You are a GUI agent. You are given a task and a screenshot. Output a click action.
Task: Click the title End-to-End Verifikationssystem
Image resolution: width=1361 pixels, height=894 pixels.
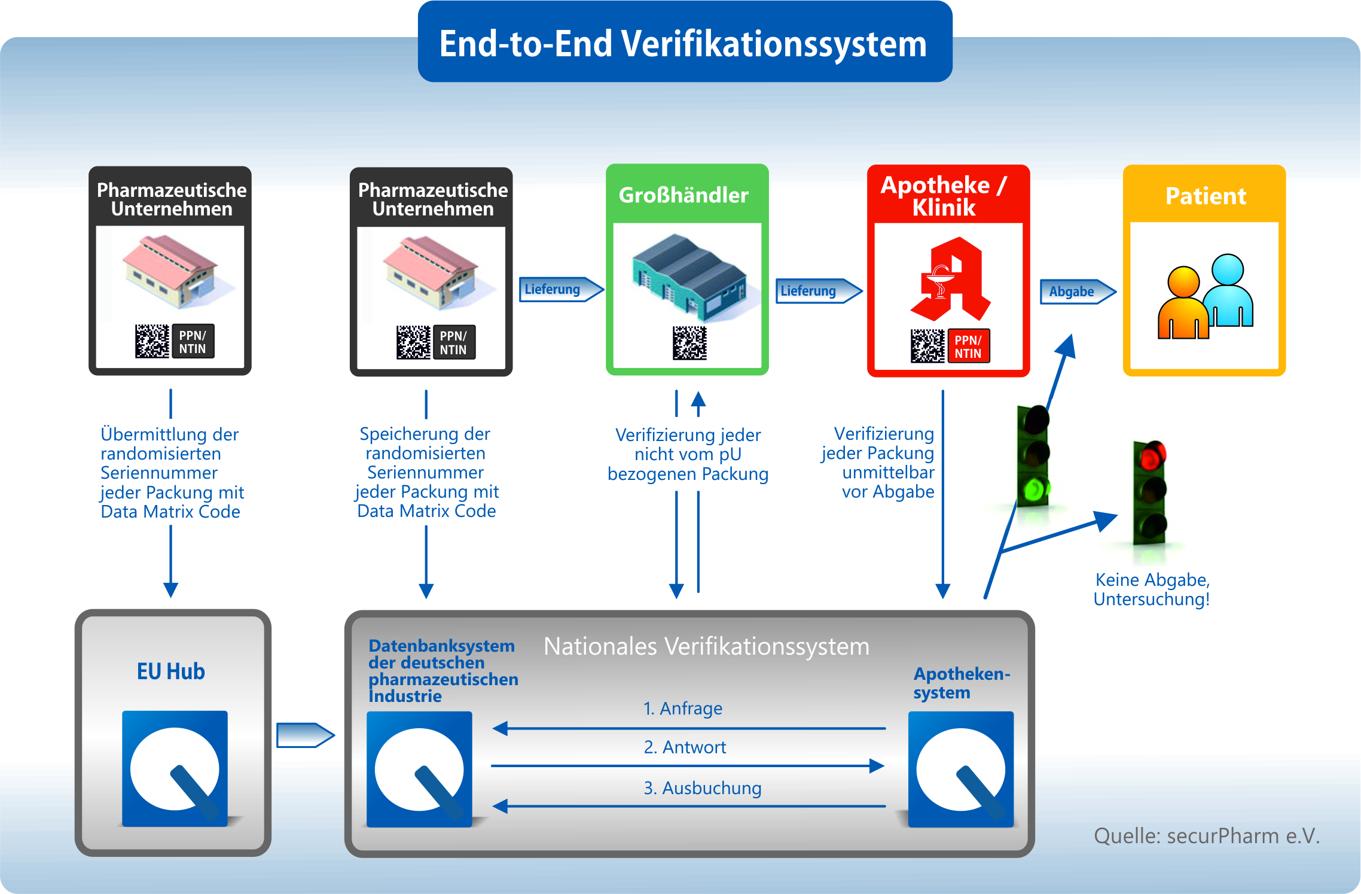click(x=683, y=44)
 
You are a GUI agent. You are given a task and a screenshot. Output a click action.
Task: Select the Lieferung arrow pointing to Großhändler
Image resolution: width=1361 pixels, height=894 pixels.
click(x=561, y=289)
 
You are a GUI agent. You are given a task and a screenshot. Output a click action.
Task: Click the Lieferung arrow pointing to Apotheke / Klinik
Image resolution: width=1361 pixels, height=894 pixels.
click(x=819, y=291)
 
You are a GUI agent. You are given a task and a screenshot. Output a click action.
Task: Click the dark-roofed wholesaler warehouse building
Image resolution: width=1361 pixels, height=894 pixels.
click(x=689, y=275)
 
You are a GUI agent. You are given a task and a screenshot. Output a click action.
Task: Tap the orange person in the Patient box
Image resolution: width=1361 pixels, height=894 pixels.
click(x=1183, y=303)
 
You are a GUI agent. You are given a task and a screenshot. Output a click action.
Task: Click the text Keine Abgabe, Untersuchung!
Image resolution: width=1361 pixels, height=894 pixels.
click(x=1152, y=589)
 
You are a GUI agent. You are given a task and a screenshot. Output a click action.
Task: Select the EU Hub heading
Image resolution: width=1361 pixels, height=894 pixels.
click(x=171, y=671)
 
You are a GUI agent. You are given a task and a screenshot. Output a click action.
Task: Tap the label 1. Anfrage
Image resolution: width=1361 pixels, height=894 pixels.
click(x=682, y=708)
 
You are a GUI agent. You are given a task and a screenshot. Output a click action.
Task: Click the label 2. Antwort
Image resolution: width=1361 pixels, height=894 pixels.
click(x=685, y=747)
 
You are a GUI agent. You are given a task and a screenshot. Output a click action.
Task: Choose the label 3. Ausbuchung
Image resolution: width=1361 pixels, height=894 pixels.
click(x=702, y=788)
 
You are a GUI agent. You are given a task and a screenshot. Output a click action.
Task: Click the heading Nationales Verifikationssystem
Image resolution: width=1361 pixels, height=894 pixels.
click(x=706, y=647)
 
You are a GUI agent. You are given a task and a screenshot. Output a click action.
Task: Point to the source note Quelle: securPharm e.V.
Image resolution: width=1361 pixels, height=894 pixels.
click(x=1207, y=836)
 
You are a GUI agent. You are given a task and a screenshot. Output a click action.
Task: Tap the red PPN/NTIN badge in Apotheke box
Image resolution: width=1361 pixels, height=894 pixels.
click(x=968, y=346)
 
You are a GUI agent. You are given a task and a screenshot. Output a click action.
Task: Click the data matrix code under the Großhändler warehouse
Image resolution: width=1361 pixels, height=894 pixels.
click(x=689, y=343)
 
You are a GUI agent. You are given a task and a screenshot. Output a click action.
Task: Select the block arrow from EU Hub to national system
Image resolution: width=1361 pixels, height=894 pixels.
click(x=306, y=735)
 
